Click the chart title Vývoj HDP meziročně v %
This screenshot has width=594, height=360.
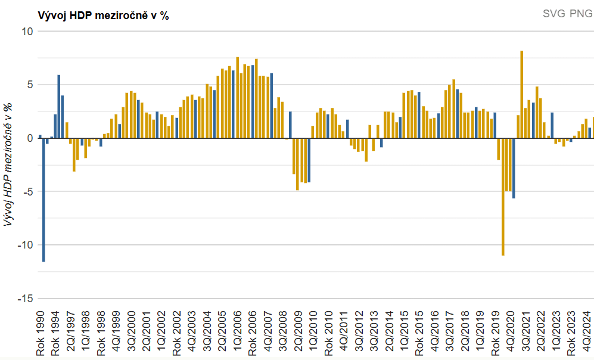click(x=103, y=16)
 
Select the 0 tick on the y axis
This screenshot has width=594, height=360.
click(x=29, y=138)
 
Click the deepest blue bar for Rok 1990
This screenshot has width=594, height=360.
click(x=43, y=200)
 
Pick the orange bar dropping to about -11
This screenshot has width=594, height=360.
click(x=503, y=197)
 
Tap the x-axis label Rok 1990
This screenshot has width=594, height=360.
click(x=41, y=336)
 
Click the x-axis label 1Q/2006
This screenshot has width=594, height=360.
click(x=238, y=336)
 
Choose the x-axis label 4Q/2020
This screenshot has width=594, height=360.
click(x=511, y=336)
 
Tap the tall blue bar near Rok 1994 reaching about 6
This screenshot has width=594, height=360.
click(x=59, y=106)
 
